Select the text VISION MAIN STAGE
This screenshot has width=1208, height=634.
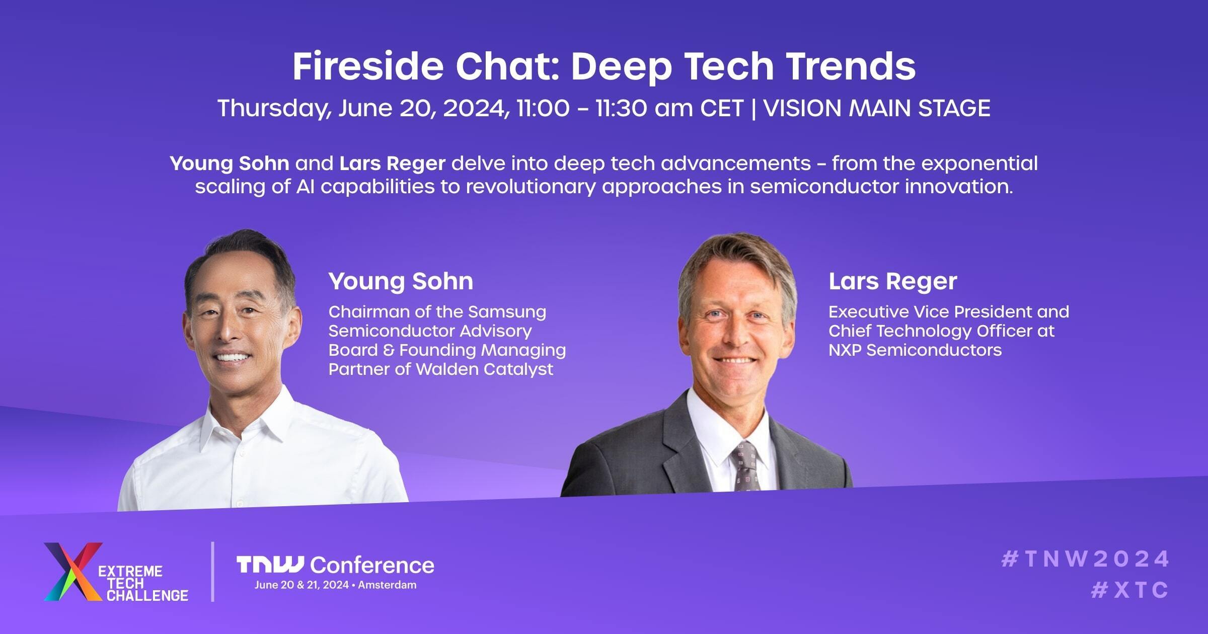(x=877, y=108)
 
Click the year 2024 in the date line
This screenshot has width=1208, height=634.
(x=473, y=108)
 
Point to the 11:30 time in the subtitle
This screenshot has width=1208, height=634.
(x=621, y=108)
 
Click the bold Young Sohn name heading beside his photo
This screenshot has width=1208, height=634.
(x=401, y=281)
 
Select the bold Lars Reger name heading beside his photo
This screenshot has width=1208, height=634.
(x=892, y=281)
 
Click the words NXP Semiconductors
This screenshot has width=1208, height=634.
(x=915, y=350)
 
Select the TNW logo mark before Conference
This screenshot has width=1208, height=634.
(x=270, y=565)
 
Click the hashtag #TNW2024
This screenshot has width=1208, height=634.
(x=1085, y=559)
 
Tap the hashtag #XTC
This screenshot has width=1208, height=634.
(x=1129, y=590)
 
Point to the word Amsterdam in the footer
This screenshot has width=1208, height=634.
(x=387, y=585)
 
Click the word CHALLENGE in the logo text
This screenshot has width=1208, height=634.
(x=147, y=596)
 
